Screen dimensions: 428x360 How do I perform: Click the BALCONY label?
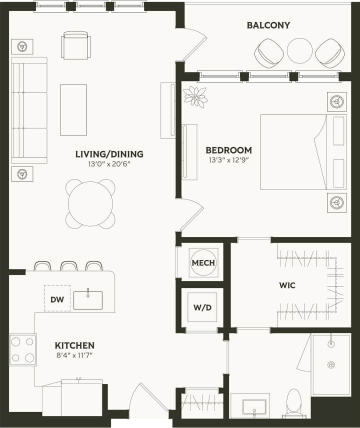268,25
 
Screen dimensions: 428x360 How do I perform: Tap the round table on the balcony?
299,50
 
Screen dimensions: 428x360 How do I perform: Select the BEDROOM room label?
228,150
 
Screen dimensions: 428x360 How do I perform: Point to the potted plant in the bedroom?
195,96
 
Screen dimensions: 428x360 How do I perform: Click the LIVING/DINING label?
109,154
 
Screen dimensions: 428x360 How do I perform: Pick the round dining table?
90,203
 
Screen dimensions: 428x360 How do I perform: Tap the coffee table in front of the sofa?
73,109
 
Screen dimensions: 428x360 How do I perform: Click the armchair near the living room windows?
75,45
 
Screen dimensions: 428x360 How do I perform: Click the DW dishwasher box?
57,298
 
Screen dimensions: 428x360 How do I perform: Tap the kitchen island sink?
88,300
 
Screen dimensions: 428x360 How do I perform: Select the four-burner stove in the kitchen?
22,349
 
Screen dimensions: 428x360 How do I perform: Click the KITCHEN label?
74,345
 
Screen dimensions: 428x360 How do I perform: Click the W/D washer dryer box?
202,306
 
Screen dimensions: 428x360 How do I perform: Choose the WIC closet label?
287,285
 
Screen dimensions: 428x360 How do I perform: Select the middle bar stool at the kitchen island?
68,265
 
